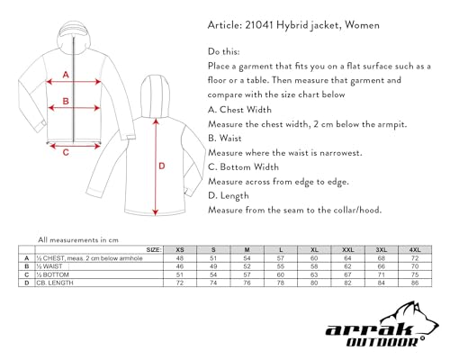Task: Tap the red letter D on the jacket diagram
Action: coord(162,166)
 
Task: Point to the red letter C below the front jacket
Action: coord(66,151)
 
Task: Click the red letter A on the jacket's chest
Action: coord(66,76)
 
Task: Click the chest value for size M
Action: coord(247,258)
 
